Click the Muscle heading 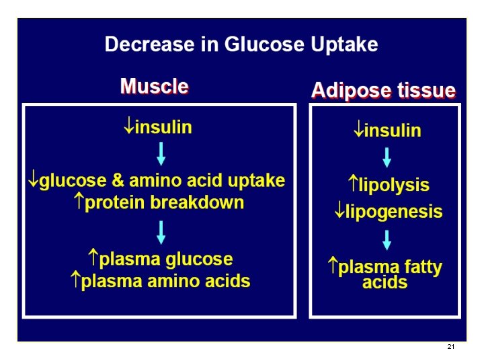154,87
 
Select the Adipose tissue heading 383,91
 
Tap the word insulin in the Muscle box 163,127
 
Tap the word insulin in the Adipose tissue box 393,130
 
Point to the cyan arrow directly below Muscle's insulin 161,153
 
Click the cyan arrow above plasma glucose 161,232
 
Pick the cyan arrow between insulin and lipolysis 387,157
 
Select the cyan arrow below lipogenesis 387,239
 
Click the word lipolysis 395,185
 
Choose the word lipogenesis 394,212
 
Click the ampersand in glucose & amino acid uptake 118,181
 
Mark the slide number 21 450,347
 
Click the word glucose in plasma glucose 199,259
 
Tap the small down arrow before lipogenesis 339,212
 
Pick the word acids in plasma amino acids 228,281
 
